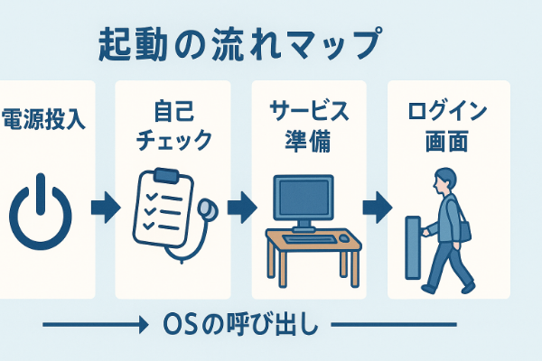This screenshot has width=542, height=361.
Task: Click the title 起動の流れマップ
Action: point(239,44)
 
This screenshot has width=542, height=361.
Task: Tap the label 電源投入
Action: point(45,119)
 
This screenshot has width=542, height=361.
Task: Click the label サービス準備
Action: point(308,127)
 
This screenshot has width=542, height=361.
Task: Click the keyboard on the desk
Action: point(305,237)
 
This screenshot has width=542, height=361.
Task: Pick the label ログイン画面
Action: point(448,127)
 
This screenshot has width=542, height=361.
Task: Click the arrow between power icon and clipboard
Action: point(105,208)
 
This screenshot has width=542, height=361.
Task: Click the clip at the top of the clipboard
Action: point(166,174)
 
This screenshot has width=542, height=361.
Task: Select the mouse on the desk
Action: point(343,236)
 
